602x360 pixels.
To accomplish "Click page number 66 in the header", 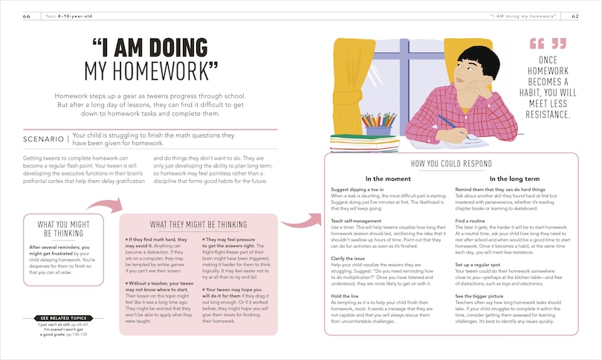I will click(x=27, y=16).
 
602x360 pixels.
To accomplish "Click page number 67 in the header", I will click(x=575, y=16).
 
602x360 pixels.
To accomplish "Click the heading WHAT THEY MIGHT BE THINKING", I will click(x=198, y=225).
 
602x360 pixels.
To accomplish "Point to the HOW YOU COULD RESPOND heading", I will click(x=451, y=164).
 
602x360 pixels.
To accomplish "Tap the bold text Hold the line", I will click(x=346, y=297).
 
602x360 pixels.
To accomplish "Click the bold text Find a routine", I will click(x=471, y=220).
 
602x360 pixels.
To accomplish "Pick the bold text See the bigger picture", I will click(x=484, y=297).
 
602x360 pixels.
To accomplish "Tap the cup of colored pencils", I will click(x=378, y=124).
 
